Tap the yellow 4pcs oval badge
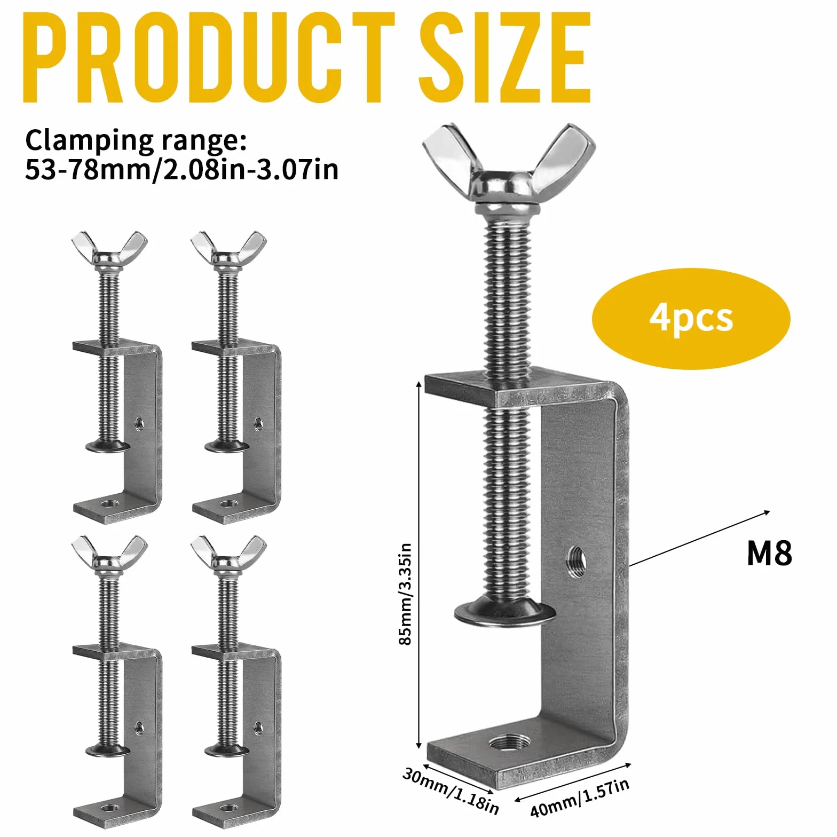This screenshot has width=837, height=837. click(x=691, y=319)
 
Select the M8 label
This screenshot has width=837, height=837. click(x=769, y=553)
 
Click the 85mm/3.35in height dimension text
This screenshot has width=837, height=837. click(x=406, y=594)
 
